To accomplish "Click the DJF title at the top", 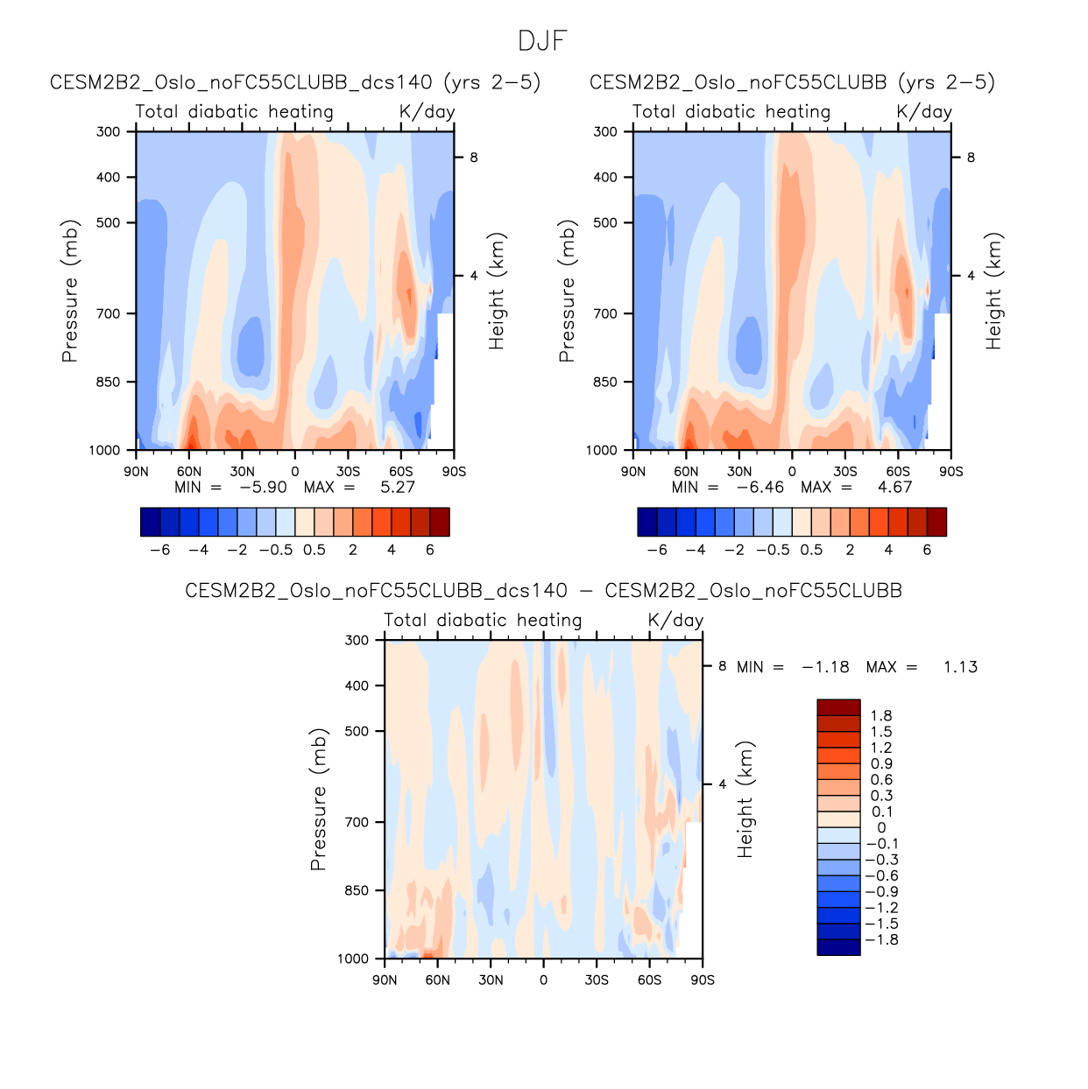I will [x=543, y=41].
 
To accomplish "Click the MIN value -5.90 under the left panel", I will [x=263, y=488].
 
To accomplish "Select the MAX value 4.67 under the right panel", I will [x=894, y=488].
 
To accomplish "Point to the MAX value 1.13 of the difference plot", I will [x=960, y=667].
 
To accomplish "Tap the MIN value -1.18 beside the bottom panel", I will [x=825, y=667].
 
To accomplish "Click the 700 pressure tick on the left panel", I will [x=109, y=313].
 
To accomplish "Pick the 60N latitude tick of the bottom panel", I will [x=438, y=980].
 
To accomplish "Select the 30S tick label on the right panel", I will [x=845, y=471].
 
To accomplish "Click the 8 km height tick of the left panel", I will [x=473, y=158].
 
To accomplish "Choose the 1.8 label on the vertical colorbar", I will [x=881, y=716].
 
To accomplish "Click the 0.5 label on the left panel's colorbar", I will [x=314, y=550].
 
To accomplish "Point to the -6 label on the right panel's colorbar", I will [x=657, y=550].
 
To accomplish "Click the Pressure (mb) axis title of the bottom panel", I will [x=318, y=798].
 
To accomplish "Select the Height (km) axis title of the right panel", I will [x=993, y=291].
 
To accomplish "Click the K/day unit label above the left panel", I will [x=427, y=112].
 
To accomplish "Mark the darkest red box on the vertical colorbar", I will [x=838, y=708].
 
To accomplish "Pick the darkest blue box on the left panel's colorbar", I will [x=151, y=522].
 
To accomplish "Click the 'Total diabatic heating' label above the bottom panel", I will [x=483, y=621].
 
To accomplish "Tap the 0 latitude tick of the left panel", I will [x=295, y=471].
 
